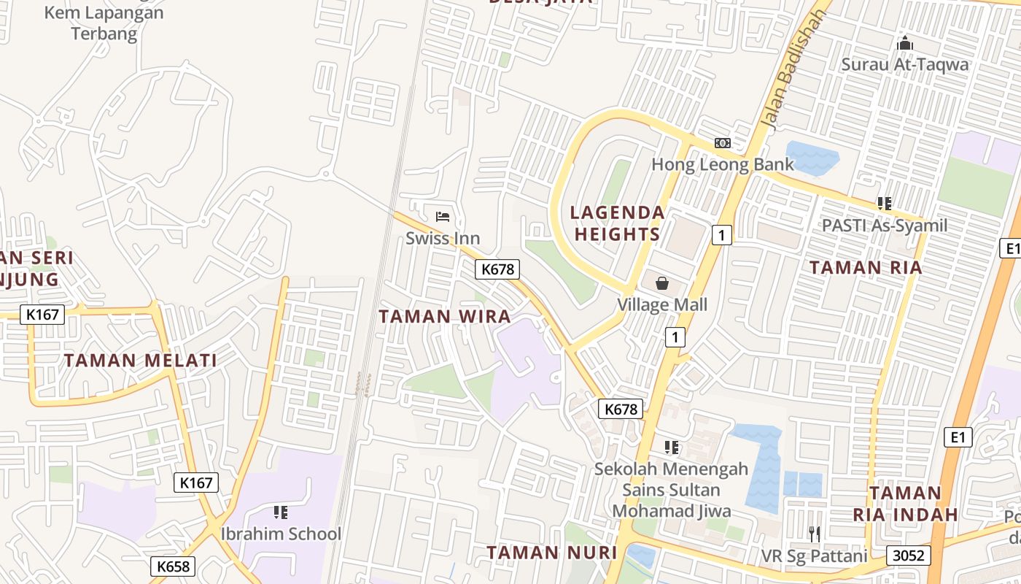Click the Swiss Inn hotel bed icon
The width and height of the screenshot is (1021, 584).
(x=443, y=216)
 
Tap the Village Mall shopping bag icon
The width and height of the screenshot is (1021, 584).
(x=662, y=283)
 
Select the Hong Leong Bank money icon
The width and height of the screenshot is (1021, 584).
(x=722, y=143)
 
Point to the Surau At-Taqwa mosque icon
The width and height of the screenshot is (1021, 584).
(x=905, y=43)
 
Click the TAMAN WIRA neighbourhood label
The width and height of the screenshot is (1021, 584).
(x=445, y=317)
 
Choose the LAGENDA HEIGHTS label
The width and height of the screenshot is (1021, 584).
(x=617, y=223)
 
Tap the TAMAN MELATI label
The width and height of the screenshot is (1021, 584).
(x=140, y=361)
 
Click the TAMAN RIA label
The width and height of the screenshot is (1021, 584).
(x=866, y=268)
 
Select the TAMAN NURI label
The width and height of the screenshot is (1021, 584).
(x=552, y=553)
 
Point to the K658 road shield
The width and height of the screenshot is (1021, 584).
(x=173, y=566)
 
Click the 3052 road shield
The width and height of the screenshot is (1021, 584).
(x=909, y=556)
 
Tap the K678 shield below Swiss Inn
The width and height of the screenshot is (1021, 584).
(x=498, y=269)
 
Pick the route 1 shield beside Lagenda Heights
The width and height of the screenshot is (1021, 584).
(x=721, y=235)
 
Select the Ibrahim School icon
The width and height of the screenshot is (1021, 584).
(x=281, y=512)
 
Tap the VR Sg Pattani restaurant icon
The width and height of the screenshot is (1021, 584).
(x=815, y=534)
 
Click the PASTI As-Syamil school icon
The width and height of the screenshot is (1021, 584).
(x=885, y=204)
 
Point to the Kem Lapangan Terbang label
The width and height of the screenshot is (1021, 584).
(x=104, y=23)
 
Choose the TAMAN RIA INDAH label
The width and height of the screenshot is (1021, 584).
(x=905, y=504)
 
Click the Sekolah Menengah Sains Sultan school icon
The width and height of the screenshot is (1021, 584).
(x=671, y=447)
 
